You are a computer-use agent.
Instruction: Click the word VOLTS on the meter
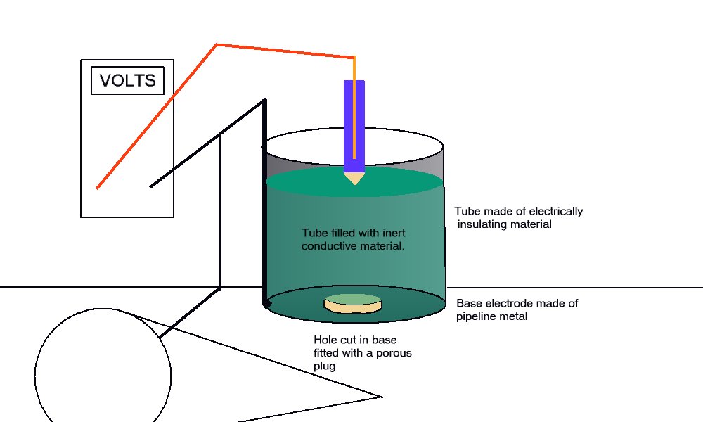click(x=127, y=80)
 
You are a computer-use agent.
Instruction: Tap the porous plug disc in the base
click(x=353, y=303)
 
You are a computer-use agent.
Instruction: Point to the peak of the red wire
click(x=217, y=45)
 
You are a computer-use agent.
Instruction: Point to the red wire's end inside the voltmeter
click(x=98, y=187)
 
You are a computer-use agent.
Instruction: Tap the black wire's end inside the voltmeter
click(x=151, y=186)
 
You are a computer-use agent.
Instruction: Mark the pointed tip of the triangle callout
click(x=383, y=396)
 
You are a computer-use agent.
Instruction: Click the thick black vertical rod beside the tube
click(x=266, y=204)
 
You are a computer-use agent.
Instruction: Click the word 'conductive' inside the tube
click(x=328, y=246)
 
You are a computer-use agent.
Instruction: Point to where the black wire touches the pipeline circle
click(x=160, y=338)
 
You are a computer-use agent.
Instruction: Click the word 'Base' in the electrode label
click(x=470, y=304)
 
